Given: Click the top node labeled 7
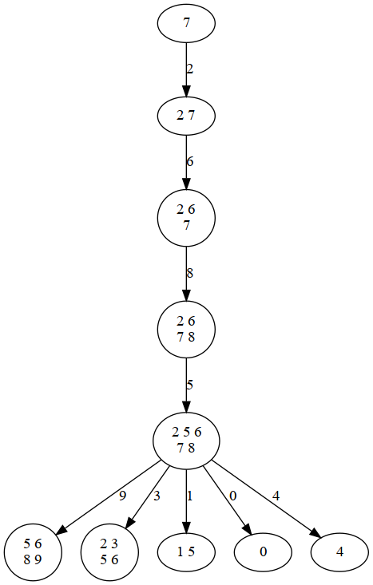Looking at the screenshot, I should pyautogui.click(x=186, y=23).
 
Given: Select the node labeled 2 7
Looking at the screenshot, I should pyautogui.click(x=186, y=115).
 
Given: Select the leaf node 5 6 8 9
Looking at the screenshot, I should pyautogui.click(x=33, y=551).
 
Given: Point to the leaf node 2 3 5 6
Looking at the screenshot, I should pyautogui.click(x=109, y=551).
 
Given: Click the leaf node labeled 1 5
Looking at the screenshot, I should pyautogui.click(x=186, y=551).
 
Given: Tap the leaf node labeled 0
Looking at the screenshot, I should pyautogui.click(x=263, y=551).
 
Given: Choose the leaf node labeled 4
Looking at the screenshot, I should pyautogui.click(x=339, y=551).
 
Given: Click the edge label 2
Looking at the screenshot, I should pyautogui.click(x=189, y=69).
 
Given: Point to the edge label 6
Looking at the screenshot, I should pyautogui.click(x=189, y=161).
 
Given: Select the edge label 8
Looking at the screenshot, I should pyautogui.click(x=189, y=273).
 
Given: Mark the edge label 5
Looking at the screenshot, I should pyautogui.click(x=189, y=385).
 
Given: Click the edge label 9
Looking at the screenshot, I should pyautogui.click(x=122, y=496).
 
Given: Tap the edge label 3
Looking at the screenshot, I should pyautogui.click(x=157, y=496).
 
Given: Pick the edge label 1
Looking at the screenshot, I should pyautogui.click(x=189, y=496).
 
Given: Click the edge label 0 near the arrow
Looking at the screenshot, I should pyautogui.click(x=232, y=496).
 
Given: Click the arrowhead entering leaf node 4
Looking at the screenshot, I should pyautogui.click(x=316, y=536).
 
